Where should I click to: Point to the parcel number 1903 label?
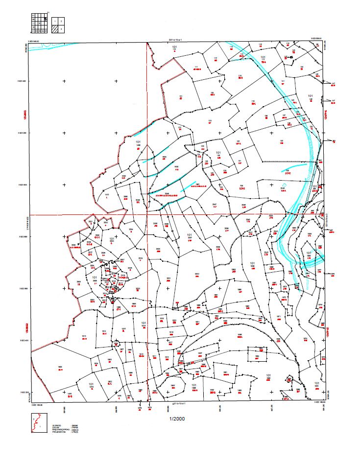coord(60,367)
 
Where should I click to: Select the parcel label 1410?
coord(106,195)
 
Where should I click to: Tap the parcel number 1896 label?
coord(240,335)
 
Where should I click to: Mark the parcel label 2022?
coord(197,274)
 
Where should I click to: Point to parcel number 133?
coord(210,120)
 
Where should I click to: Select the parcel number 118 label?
coord(240,75)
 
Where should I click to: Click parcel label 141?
coord(283,81)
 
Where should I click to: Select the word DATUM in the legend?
coord(56,428)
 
